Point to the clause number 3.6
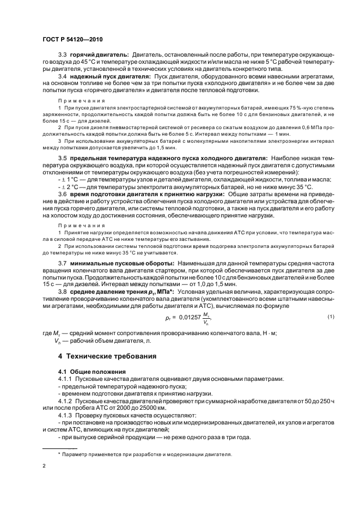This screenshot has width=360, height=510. pyautogui.click(x=62, y=193)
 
